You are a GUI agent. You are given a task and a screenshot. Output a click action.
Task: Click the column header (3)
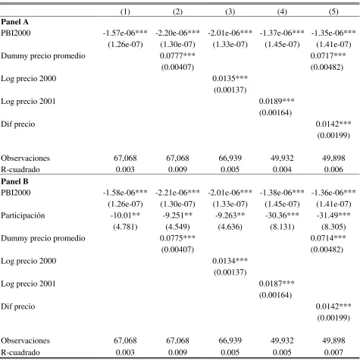coord(230,11)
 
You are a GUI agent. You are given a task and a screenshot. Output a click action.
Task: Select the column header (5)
coord(333,11)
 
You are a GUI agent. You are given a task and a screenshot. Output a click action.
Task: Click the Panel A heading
coord(14,22)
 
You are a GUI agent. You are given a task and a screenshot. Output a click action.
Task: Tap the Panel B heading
coord(14,181)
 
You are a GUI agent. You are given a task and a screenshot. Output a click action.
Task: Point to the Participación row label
coord(23,215)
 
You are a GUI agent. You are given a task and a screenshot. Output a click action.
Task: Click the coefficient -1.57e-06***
coord(125,33)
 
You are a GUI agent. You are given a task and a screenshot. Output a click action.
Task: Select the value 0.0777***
coord(177,55)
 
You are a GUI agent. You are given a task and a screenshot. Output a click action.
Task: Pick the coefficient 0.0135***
coord(230,78)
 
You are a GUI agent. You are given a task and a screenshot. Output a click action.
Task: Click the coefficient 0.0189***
coord(277,101)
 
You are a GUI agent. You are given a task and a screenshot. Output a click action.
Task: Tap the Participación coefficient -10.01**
coord(125,215)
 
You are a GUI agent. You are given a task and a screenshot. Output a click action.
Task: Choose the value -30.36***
coord(282,215)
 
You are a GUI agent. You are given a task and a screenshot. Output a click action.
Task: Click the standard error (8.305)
coord(333,227)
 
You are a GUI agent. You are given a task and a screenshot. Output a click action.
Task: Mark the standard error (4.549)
coord(177,227)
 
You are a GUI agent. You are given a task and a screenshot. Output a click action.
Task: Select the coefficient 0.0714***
coord(328,238)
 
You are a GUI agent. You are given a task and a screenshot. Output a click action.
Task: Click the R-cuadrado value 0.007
coord(333,352)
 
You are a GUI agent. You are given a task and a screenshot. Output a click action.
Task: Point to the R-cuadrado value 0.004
coord(282,169)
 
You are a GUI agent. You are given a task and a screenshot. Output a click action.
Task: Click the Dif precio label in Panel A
coord(18,124)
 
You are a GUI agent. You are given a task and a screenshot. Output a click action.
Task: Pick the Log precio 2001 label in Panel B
coord(28,284)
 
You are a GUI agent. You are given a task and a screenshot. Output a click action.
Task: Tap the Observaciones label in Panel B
coord(25,341)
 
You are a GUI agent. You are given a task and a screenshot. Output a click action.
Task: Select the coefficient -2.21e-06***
coord(177,193)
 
